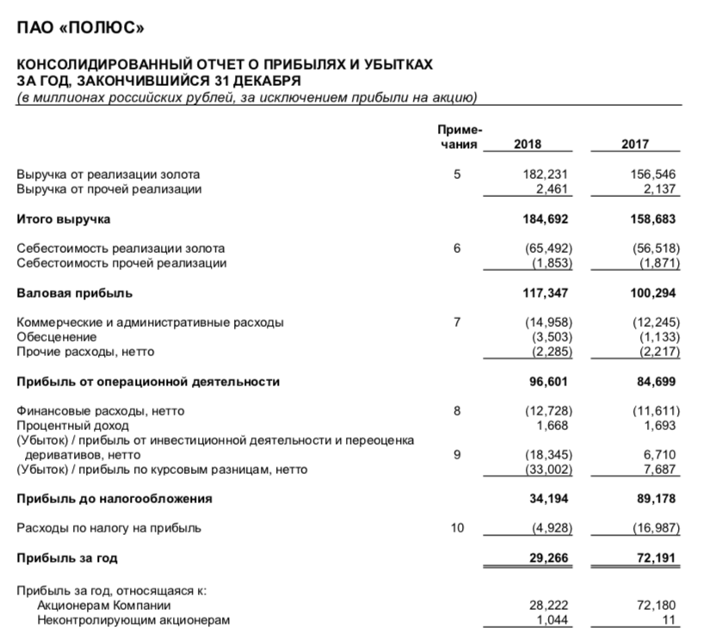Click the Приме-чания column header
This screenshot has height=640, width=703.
click(460, 136)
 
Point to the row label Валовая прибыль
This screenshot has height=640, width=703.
click(75, 292)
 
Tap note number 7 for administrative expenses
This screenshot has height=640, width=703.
click(457, 323)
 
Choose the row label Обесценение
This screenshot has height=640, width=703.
click(57, 337)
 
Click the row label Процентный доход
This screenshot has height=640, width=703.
click(73, 425)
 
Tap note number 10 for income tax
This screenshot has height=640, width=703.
click(457, 527)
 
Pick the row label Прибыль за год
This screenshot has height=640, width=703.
click(68, 557)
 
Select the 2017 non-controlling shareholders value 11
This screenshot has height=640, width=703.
click(669, 619)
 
